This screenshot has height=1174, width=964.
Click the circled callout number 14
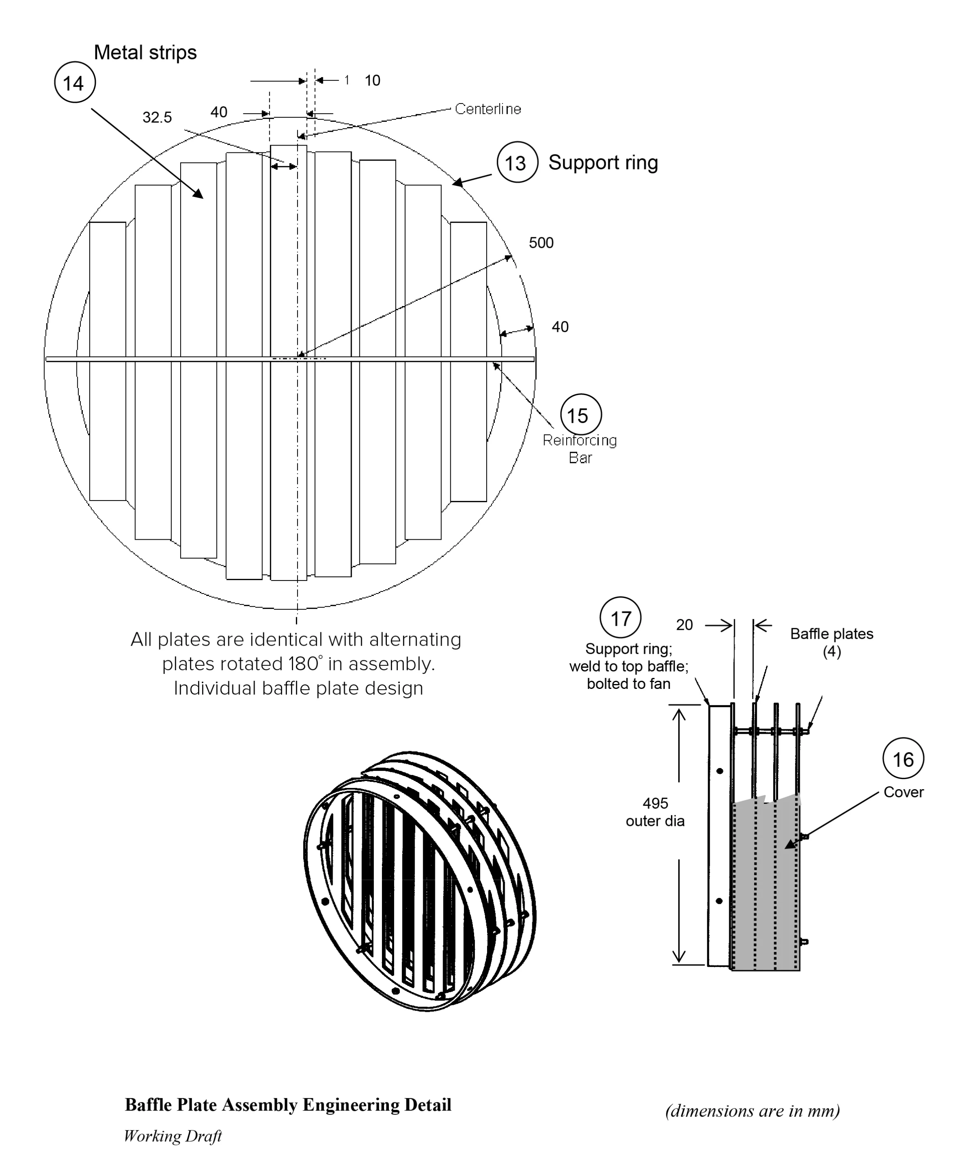pyautogui.click(x=75, y=83)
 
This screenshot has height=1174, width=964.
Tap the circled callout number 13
pyautogui.click(x=516, y=162)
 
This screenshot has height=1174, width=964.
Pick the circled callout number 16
pyautogui.click(x=903, y=759)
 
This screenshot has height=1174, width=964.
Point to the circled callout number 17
pyautogui.click(x=620, y=618)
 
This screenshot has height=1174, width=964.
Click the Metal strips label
pyautogui.click(x=145, y=52)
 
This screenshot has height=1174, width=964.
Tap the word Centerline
pyautogui.click(x=488, y=109)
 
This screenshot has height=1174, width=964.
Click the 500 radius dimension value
pyautogui.click(x=541, y=243)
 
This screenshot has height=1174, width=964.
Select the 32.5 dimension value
pyautogui.click(x=157, y=117)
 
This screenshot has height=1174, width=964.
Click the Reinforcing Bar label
pyautogui.click(x=580, y=449)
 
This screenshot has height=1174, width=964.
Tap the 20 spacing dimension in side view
pyautogui.click(x=684, y=625)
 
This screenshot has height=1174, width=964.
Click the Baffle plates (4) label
pyautogui.click(x=831, y=642)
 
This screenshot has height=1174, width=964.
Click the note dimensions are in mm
pyautogui.click(x=752, y=1111)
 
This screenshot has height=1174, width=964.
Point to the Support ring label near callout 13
pyautogui.click(x=603, y=162)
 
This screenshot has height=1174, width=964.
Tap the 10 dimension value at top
pyautogui.click(x=372, y=81)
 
